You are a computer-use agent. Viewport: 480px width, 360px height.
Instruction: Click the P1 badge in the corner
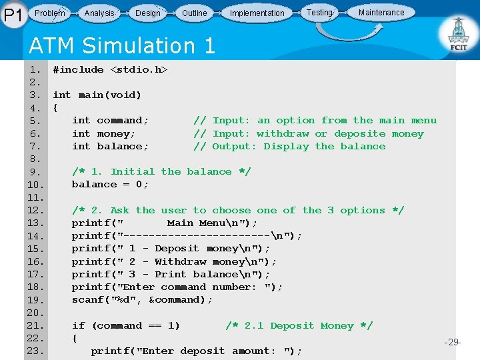click(x=13, y=14)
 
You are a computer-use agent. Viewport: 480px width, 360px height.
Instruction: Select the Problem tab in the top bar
click(x=50, y=13)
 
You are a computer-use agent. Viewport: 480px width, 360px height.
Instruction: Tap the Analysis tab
click(x=99, y=13)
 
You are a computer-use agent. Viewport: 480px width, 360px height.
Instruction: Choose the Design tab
click(x=147, y=13)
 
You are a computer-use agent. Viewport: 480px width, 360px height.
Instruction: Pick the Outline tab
click(x=194, y=13)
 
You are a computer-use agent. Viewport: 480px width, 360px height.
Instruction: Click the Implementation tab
click(x=257, y=13)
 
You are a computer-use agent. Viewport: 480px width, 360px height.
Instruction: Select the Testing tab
click(x=319, y=12)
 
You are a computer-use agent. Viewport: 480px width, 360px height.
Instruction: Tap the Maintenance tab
click(x=381, y=12)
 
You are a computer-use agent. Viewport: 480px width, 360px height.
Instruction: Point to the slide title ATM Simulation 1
click(x=122, y=46)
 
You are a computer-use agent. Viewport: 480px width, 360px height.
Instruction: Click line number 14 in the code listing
click(x=35, y=236)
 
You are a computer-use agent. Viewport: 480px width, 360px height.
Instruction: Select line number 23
click(x=35, y=351)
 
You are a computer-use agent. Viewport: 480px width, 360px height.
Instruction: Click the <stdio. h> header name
click(x=139, y=69)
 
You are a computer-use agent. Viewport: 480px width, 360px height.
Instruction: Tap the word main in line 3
click(x=91, y=95)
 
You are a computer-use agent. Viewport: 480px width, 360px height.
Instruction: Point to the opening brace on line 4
click(x=55, y=108)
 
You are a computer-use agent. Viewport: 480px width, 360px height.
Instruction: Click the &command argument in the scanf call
click(x=177, y=300)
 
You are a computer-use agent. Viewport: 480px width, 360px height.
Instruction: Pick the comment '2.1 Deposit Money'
click(x=299, y=326)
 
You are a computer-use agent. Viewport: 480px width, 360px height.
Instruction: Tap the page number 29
click(x=453, y=342)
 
